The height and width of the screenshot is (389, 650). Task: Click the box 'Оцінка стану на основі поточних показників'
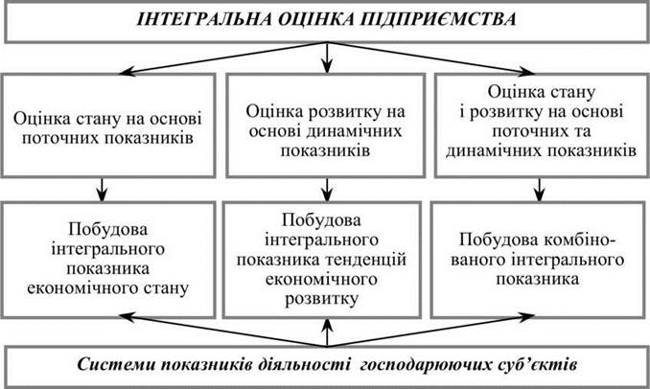(x=107, y=126)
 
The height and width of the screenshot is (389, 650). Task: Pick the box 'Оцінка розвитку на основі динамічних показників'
(x=325, y=126)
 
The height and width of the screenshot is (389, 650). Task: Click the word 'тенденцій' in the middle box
(x=365, y=260)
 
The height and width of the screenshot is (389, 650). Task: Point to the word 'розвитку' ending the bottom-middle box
(x=321, y=299)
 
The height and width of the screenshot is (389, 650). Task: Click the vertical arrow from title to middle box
(x=327, y=58)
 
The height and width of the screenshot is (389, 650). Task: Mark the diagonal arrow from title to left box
(x=222, y=58)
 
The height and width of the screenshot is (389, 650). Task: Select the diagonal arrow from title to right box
(x=431, y=58)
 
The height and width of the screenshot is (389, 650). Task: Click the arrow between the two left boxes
(x=102, y=190)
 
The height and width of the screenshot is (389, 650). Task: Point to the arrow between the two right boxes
(x=539, y=190)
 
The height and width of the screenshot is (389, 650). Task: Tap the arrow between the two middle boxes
(x=327, y=190)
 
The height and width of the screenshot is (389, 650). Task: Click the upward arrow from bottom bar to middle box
(x=327, y=332)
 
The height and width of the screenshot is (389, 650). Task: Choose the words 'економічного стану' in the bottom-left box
(x=107, y=288)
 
